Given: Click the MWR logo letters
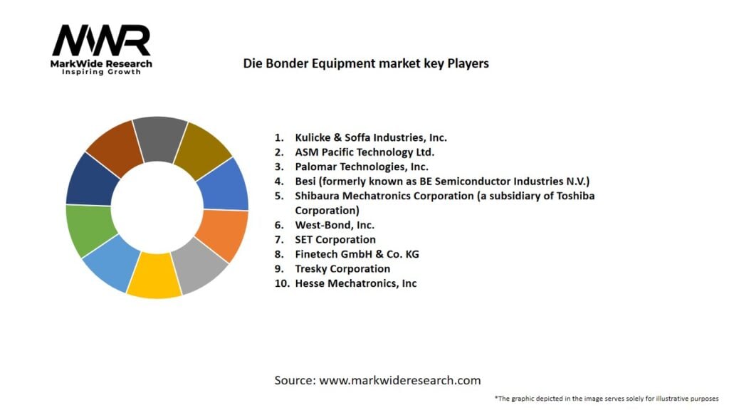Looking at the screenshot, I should [x=102, y=41].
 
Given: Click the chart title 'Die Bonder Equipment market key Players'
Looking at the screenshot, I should [x=366, y=63].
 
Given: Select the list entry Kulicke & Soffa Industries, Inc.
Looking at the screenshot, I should [x=371, y=137].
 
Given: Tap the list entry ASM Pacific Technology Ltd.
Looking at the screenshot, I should [x=364, y=152].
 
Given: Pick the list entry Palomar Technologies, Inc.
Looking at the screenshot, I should [x=362, y=167].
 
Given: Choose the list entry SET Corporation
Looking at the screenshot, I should [x=335, y=239].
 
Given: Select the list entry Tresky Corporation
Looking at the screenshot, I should [x=342, y=268].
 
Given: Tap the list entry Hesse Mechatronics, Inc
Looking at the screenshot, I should [x=356, y=283].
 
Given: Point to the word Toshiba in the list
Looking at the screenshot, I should [x=575, y=196].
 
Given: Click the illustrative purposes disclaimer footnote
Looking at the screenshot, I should [x=606, y=399].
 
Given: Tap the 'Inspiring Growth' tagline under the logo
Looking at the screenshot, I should [x=102, y=72].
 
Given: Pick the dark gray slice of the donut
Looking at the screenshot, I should [x=159, y=137].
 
